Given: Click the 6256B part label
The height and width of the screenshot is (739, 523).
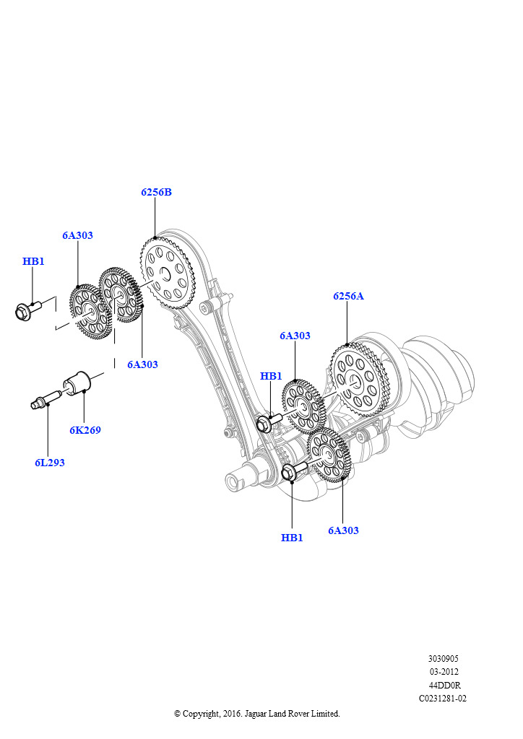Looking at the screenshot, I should point(156,193).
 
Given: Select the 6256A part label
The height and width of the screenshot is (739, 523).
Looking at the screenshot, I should point(348,296).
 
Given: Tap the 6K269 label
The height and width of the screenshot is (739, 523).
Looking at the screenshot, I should point(85,430).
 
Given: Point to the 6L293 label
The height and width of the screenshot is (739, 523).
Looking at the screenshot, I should point(50,463).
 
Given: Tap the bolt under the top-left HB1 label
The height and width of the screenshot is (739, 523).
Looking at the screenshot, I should point(27,311).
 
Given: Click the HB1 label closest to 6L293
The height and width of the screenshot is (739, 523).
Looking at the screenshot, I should point(33,261).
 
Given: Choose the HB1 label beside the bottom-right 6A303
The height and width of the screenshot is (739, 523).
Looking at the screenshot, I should point(292,538).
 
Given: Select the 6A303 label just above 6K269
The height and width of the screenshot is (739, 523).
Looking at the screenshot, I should point(142,364).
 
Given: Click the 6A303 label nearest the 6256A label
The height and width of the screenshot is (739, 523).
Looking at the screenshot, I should point(295,336).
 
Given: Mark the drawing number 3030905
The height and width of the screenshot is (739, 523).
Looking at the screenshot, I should point(443,659).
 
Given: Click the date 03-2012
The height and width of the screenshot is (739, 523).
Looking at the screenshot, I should point(444,672).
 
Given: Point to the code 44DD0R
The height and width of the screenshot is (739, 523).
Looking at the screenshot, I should point(444,685).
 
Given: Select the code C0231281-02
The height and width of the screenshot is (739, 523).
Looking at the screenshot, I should point(443,699).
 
